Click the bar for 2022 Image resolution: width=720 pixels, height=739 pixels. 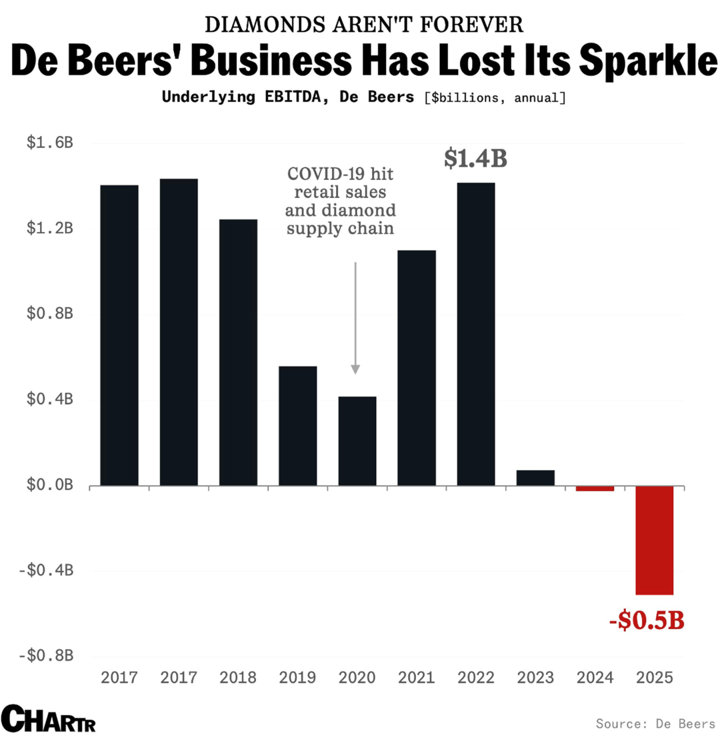coord(476,333)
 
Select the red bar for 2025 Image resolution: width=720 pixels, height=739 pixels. coord(654,540)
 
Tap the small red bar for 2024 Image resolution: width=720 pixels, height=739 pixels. coord(595,489)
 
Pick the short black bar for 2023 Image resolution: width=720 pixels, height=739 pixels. coord(535,478)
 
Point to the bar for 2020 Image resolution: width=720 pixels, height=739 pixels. coord(357,441)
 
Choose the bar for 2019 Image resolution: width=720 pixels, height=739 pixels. coord(297,426)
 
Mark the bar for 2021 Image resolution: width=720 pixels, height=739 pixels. coord(417,367)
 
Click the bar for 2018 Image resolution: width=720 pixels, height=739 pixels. coord(238,352)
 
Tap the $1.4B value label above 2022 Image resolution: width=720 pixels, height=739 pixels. coord(476,159)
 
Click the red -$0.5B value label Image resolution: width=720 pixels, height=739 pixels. coord(647,622)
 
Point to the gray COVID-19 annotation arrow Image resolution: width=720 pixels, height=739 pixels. coord(355,317)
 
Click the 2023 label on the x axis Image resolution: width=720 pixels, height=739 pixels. coord(535,678)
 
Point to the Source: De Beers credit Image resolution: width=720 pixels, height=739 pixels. coord(655,723)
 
